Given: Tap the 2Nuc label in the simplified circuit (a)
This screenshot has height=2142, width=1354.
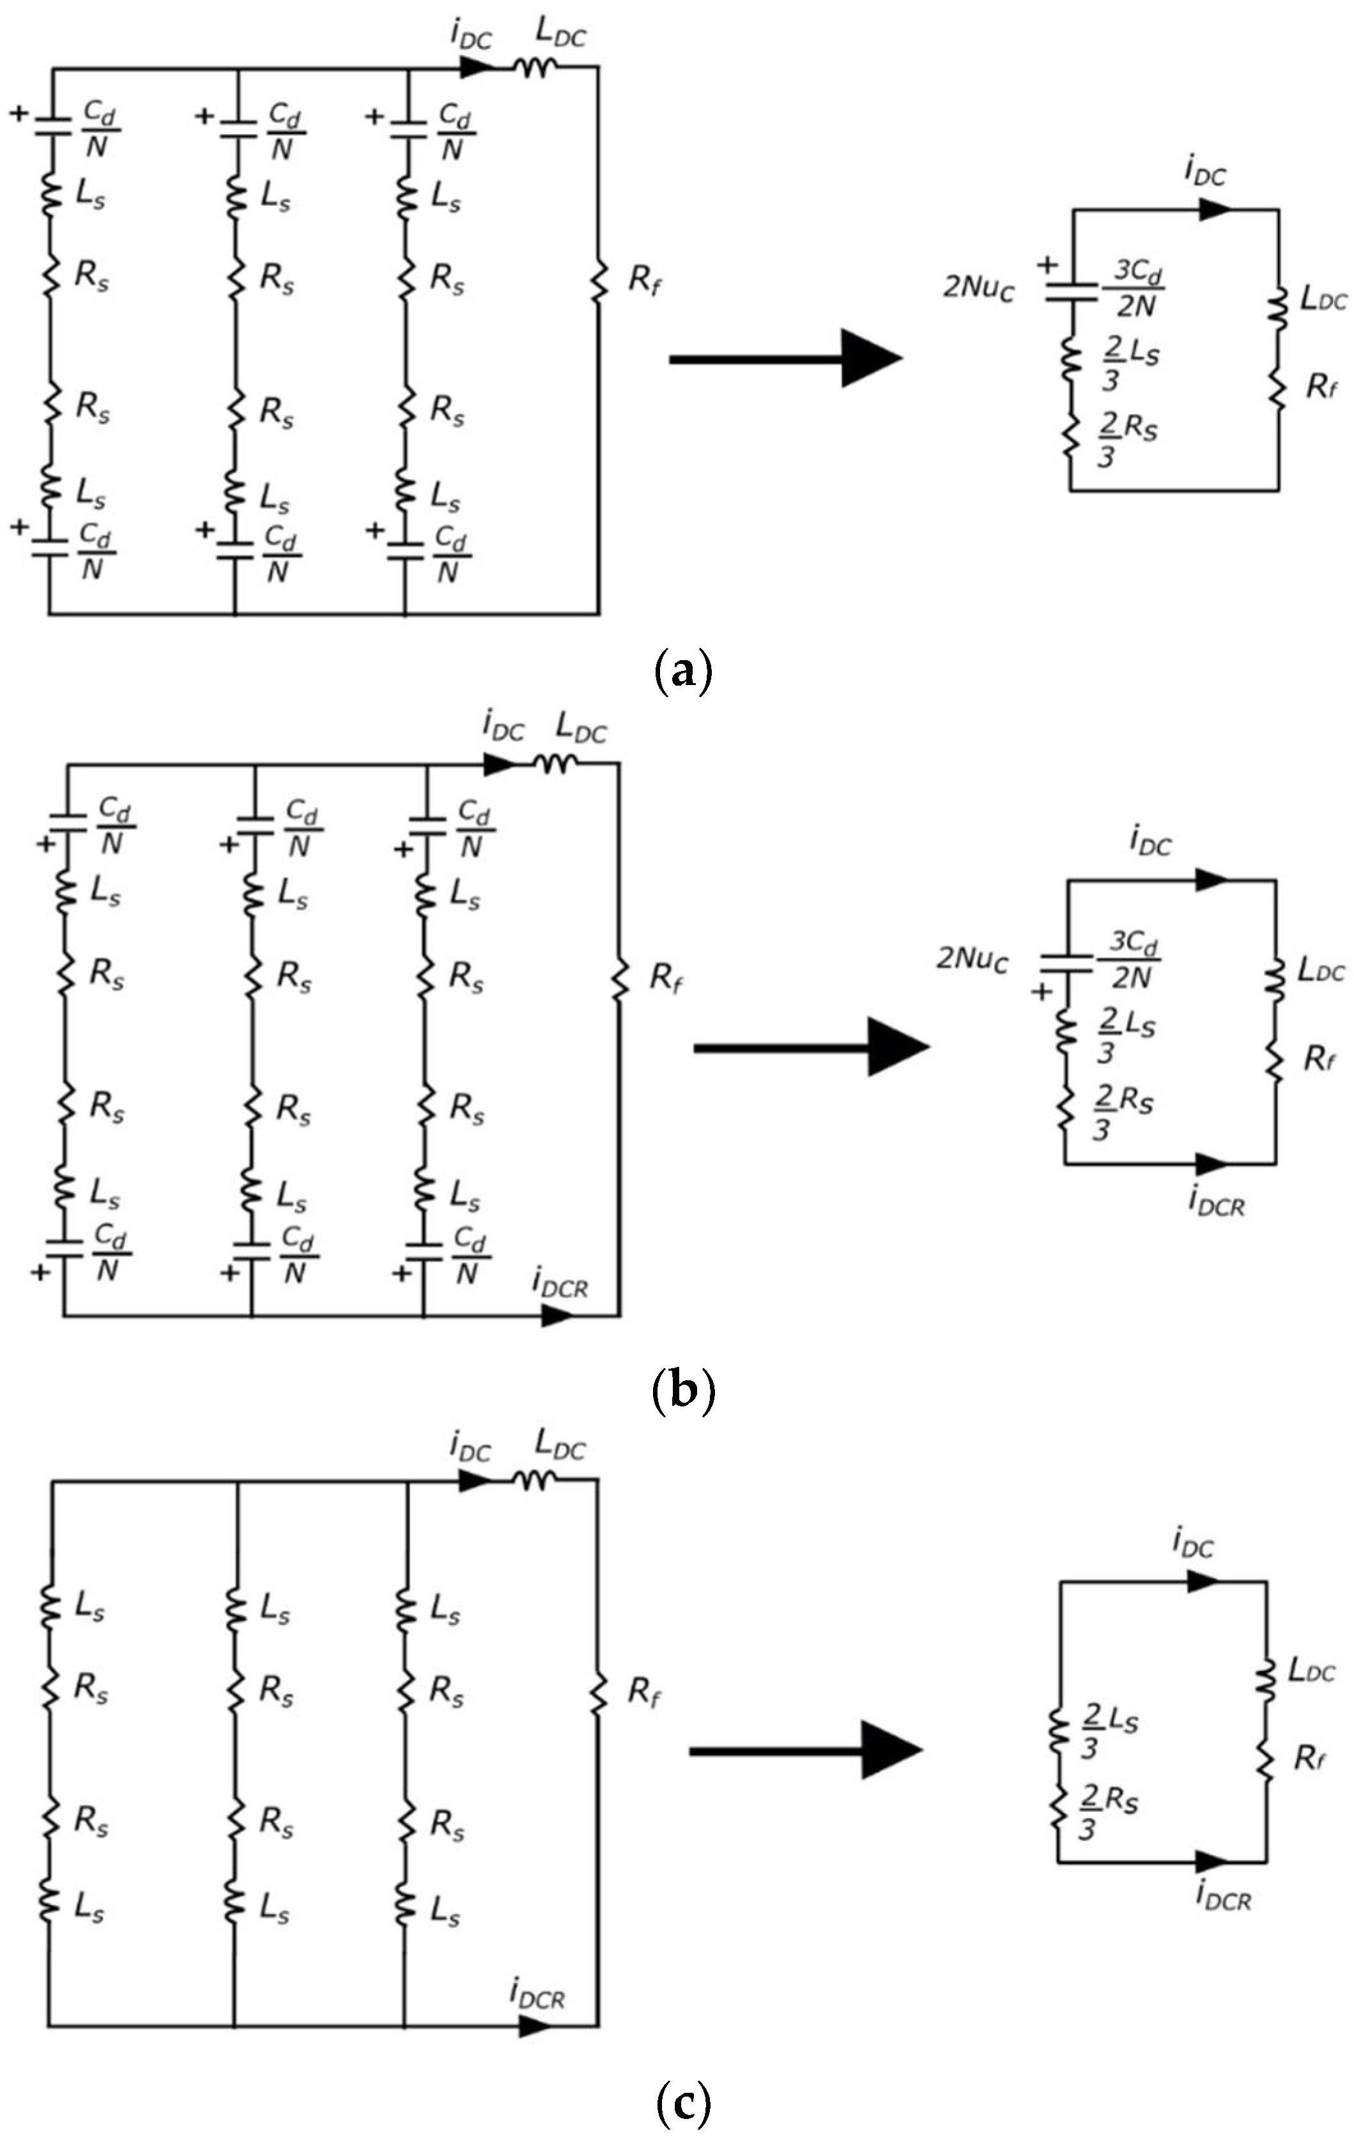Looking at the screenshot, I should [x=978, y=288].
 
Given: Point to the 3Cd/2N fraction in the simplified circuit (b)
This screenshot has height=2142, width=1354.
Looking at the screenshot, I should [x=1131, y=960].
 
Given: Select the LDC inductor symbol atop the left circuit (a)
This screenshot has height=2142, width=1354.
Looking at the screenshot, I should [x=537, y=68].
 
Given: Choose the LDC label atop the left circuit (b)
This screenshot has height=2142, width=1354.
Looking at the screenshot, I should [x=581, y=728].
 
